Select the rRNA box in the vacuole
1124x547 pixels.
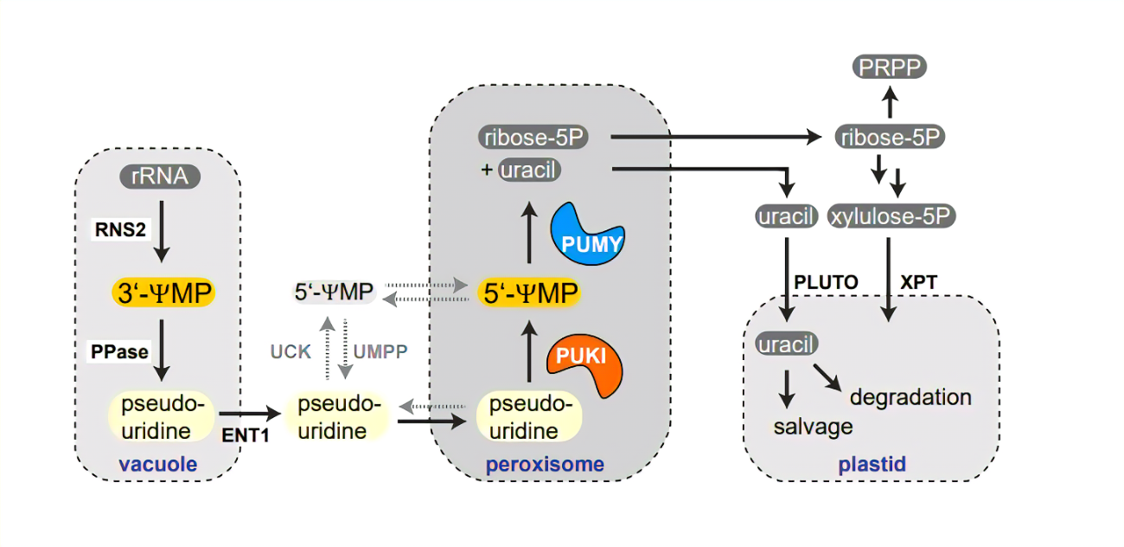(159, 178)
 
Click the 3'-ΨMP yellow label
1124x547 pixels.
(163, 293)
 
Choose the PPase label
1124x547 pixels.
(119, 352)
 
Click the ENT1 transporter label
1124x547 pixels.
(246, 435)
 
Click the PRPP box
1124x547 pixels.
(890, 66)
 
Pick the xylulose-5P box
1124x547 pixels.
(891, 216)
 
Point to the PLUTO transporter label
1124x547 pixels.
(826, 282)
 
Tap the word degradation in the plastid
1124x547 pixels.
(910, 397)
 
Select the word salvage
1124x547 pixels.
(813, 426)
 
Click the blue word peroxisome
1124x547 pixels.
(545, 465)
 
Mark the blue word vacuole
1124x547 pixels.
(158, 465)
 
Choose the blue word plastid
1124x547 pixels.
(872, 465)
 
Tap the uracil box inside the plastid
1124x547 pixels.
(785, 344)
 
